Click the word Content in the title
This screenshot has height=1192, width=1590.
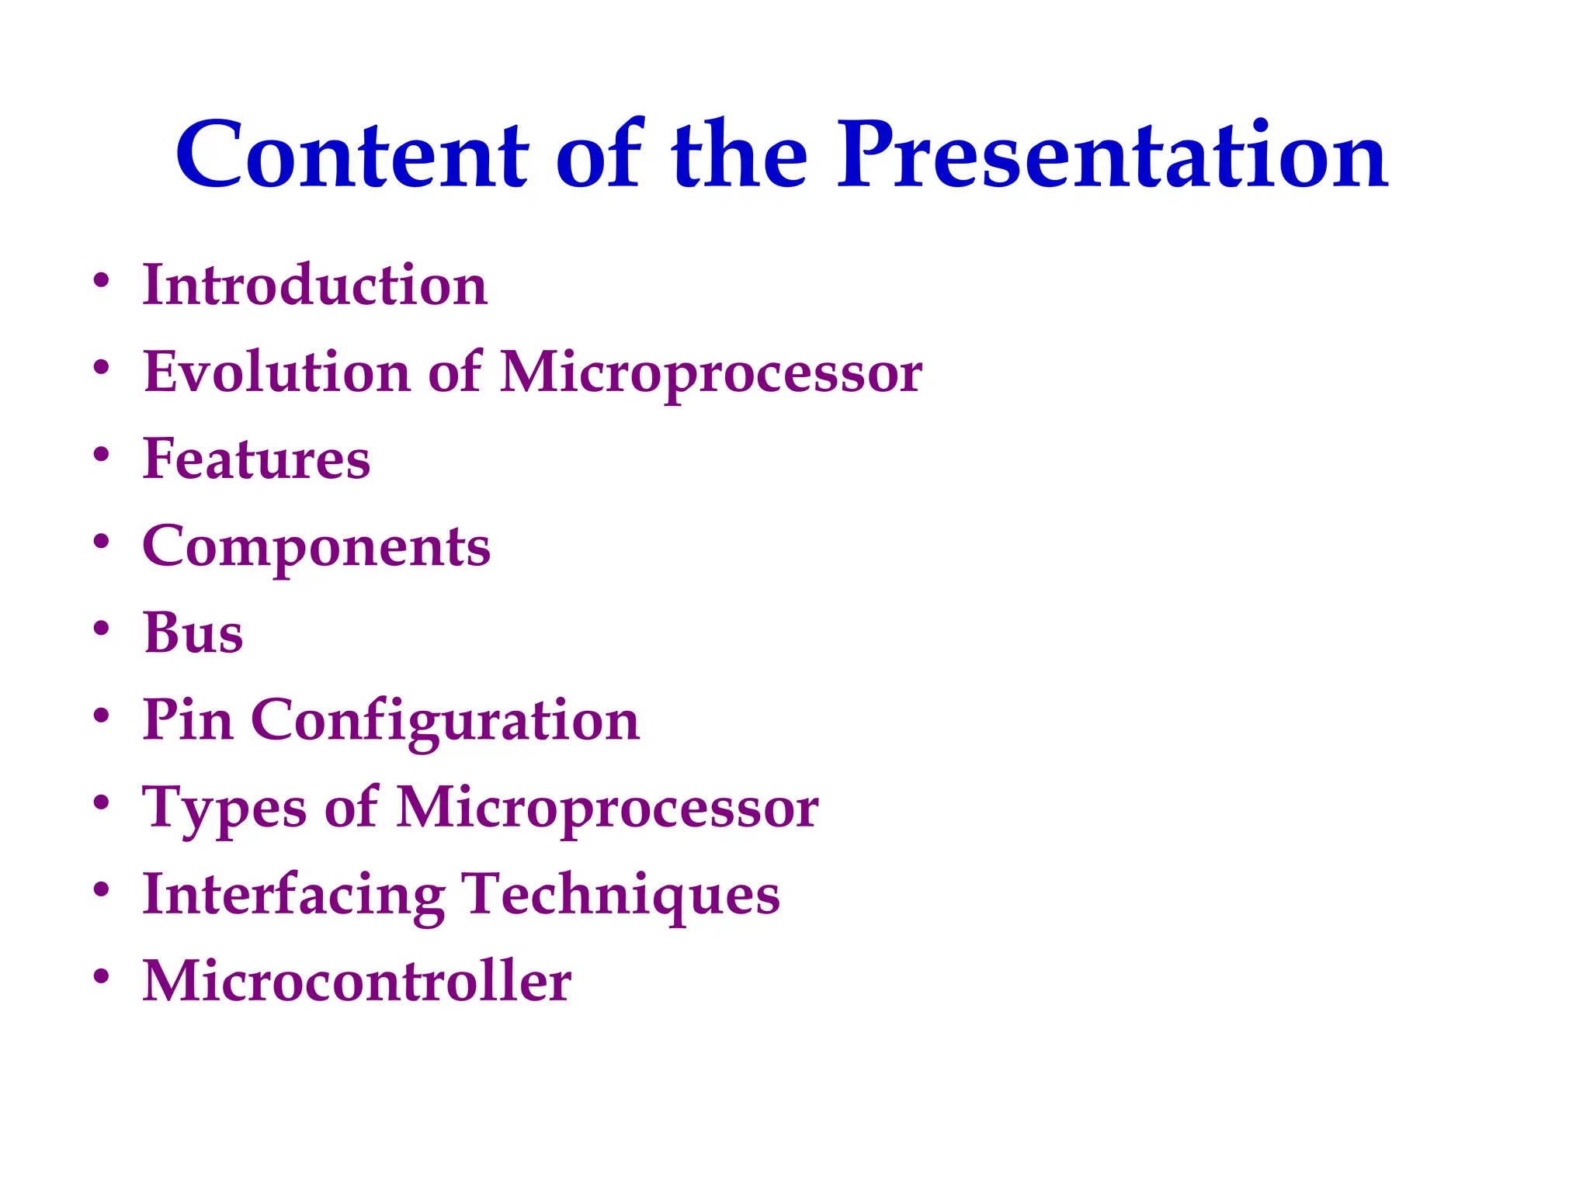click(352, 155)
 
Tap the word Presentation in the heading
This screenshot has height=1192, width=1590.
click(1112, 155)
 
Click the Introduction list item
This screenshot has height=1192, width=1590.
click(314, 285)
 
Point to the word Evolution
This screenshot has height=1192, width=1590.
click(276, 372)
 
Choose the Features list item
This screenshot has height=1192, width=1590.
click(256, 459)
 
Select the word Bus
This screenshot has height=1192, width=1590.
click(193, 632)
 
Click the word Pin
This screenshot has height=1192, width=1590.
click(187, 719)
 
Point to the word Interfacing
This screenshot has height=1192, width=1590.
click(293, 895)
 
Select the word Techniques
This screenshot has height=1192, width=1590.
click(620, 895)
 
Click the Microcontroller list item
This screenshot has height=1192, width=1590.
click(356, 981)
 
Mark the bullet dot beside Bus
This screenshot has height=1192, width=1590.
click(101, 628)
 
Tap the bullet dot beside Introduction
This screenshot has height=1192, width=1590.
click(101, 280)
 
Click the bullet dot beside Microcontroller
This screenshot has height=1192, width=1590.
click(101, 976)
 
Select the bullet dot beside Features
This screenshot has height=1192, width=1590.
click(101, 454)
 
